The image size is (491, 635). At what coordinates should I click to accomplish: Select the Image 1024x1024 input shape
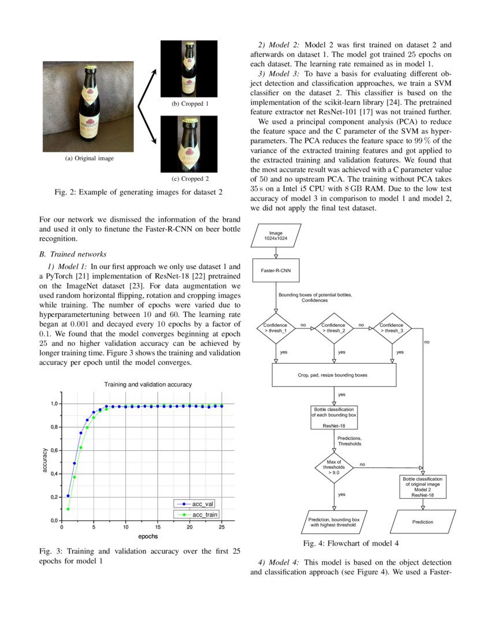pos(276,236)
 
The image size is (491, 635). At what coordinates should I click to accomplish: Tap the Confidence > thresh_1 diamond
pos(276,328)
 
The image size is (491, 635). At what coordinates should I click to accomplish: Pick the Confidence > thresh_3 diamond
pos(392,328)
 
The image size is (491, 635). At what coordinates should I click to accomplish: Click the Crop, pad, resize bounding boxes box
pos(334,375)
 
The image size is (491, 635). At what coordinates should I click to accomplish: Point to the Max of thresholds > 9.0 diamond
pos(334,466)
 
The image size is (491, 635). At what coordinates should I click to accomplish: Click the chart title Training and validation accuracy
pos(148,384)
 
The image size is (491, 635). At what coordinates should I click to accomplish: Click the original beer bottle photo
pos(88,107)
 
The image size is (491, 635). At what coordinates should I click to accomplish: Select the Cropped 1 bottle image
pos(189,69)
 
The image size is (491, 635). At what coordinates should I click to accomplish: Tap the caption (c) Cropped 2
pos(190,179)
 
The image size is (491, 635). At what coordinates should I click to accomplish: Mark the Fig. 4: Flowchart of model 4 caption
pos(351,543)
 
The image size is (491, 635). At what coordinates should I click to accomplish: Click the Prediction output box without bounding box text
pos(423,522)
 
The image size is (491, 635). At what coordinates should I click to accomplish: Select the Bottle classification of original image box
pos(422,487)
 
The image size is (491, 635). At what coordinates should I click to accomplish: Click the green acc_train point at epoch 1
pos(68,509)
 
